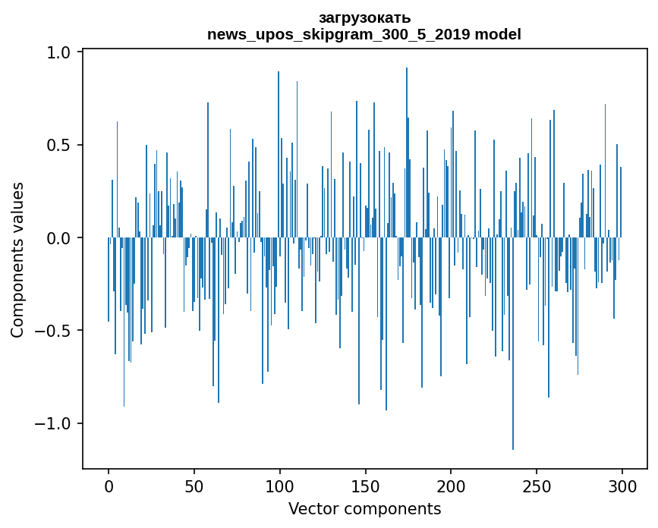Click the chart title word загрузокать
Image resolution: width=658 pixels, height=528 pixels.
coord(364,18)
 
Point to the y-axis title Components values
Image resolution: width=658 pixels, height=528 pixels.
coord(17,259)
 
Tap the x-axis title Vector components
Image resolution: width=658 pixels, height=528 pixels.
coord(364,509)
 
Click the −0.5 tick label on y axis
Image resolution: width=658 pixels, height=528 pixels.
coord(53,331)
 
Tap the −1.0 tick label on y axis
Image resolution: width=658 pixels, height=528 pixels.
coord(53,423)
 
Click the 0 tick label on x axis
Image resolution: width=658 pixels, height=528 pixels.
coord(109,486)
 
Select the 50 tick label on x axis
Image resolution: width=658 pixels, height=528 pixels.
coord(194,486)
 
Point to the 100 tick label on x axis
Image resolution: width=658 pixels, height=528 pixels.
coord(280,486)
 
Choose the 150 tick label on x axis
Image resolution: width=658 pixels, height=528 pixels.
coord(366,486)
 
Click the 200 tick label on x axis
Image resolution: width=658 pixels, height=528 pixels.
coord(452,486)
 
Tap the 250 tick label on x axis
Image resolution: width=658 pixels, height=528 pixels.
coord(537,486)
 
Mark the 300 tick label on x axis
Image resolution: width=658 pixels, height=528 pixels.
coord(623,486)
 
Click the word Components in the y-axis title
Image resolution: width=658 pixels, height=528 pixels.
coord(17,292)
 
